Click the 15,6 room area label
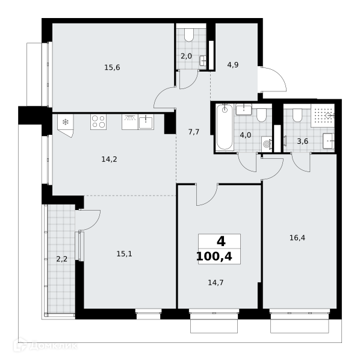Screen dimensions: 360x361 click(x=112, y=67)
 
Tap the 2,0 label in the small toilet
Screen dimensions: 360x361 click(x=186, y=56)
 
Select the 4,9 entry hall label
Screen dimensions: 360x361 click(x=233, y=65)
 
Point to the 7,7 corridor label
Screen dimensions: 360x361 click(x=194, y=132)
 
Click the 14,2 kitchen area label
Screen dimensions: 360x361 click(x=110, y=159)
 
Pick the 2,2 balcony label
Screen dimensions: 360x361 click(x=62, y=259)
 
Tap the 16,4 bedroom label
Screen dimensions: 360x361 click(x=297, y=238)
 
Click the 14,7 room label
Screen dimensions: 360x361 click(x=216, y=283)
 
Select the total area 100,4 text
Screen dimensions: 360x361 click(x=214, y=256)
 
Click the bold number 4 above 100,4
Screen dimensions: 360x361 click(x=221, y=242)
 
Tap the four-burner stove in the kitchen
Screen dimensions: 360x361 click(x=98, y=122)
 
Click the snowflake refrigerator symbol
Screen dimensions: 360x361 click(x=66, y=122)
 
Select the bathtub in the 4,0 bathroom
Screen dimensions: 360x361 click(x=225, y=127)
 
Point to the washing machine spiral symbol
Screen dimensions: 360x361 click(x=267, y=144)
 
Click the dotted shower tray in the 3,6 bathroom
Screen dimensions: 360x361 click(x=323, y=116)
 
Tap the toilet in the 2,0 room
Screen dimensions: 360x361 click(x=189, y=35)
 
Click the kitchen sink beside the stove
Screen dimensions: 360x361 click(x=146, y=122)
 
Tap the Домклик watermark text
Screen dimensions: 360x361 click(x=46, y=346)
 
